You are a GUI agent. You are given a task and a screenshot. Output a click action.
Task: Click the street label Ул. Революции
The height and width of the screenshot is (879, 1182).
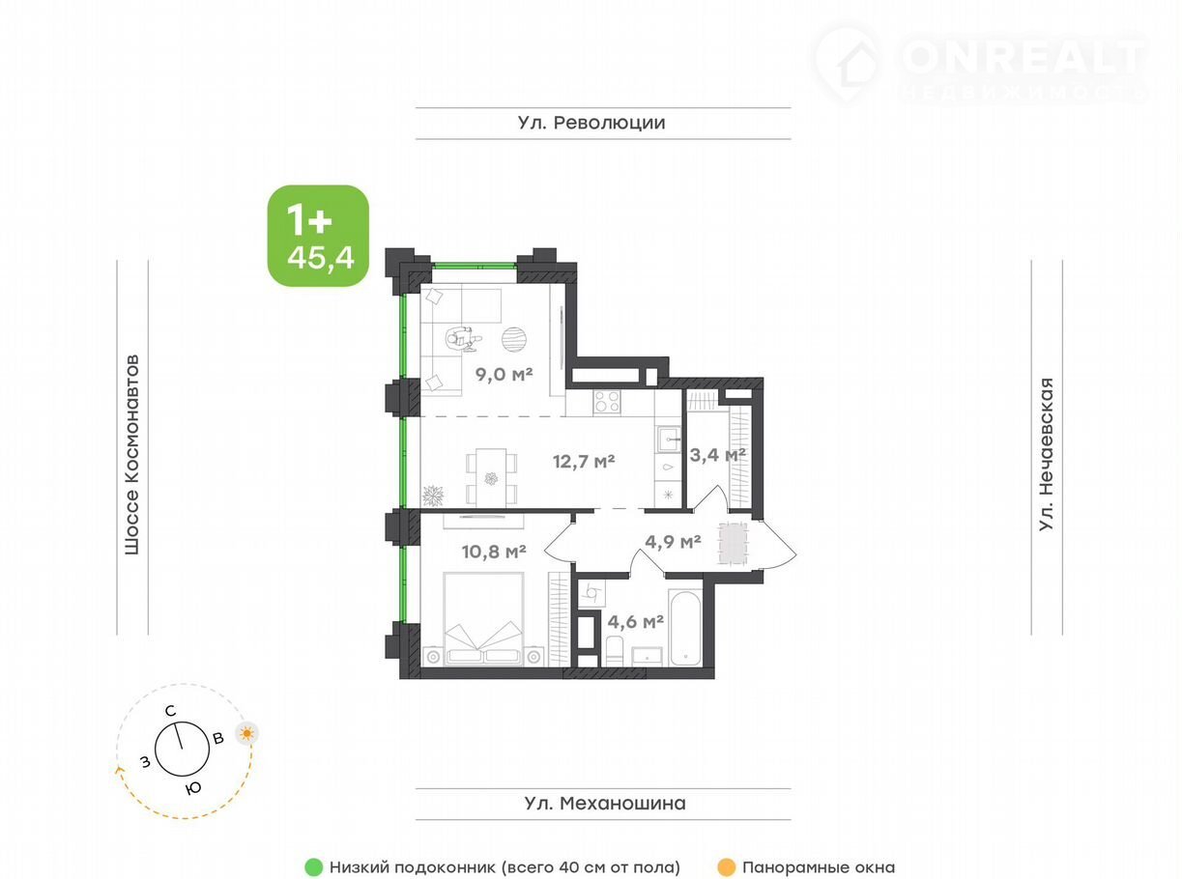591,123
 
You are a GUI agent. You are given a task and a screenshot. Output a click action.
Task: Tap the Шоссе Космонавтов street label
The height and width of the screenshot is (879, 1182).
131,454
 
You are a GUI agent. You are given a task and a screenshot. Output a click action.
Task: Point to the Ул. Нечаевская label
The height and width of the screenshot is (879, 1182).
1047,454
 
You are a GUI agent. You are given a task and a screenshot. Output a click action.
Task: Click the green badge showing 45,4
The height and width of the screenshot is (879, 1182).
318,236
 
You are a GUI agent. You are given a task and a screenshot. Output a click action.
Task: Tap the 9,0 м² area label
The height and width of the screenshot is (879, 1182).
505,375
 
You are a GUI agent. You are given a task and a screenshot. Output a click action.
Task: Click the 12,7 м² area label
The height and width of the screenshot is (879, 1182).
584,461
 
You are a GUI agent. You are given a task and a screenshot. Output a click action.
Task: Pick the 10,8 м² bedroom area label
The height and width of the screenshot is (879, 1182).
494,552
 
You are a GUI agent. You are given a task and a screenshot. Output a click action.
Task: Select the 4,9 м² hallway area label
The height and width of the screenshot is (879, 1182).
673,542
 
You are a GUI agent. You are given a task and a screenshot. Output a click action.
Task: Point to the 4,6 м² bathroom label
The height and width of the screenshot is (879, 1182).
635,621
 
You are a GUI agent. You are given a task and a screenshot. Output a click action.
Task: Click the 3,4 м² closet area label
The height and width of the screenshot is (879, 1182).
718,455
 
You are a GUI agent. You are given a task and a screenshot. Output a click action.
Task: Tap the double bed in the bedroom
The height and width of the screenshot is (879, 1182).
484,618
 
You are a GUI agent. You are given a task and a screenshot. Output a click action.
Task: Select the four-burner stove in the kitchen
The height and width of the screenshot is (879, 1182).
607,402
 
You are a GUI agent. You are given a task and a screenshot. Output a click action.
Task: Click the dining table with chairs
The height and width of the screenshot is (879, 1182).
491,478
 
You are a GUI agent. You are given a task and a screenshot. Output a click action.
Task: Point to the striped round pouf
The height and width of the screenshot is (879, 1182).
514,340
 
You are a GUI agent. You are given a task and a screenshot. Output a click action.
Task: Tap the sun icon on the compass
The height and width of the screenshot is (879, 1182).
246,734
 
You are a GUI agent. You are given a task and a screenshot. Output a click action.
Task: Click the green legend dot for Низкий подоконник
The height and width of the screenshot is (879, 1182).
313,867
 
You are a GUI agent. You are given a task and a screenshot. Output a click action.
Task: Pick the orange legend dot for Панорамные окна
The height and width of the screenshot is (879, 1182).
727,867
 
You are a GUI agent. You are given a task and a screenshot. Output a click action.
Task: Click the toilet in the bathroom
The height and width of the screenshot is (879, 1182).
615,650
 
